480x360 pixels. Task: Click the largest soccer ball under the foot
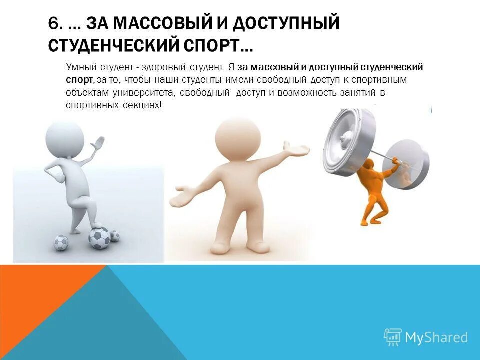(99, 238)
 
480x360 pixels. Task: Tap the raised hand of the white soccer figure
(99, 144)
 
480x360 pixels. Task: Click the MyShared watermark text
(436, 338)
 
